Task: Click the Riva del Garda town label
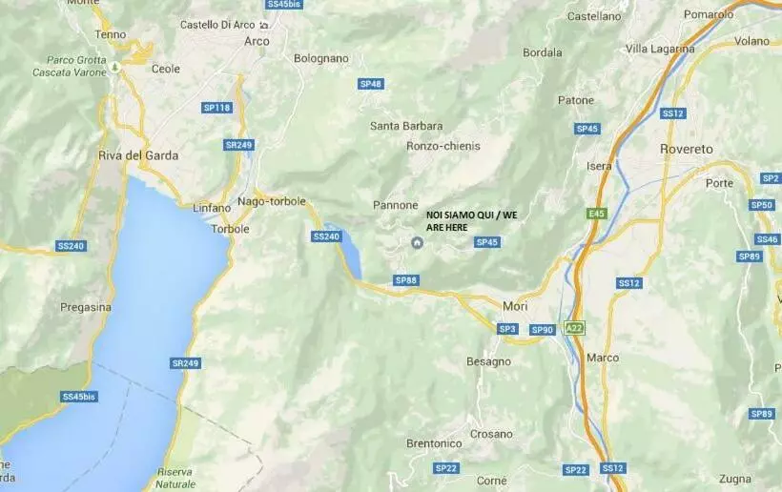[138, 155]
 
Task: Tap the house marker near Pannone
[417, 243]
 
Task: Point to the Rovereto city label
[687, 149]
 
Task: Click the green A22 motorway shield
[573, 328]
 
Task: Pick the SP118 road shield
[217, 108]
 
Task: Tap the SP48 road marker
[371, 84]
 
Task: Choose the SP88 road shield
[406, 280]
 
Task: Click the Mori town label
[514, 305]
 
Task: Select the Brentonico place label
[434, 443]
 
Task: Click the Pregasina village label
[86, 307]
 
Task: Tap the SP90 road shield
[542, 330]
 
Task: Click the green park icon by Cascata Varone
[114, 67]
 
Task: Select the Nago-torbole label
[272, 201]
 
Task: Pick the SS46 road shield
[767, 239]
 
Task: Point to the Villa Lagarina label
[658, 48]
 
